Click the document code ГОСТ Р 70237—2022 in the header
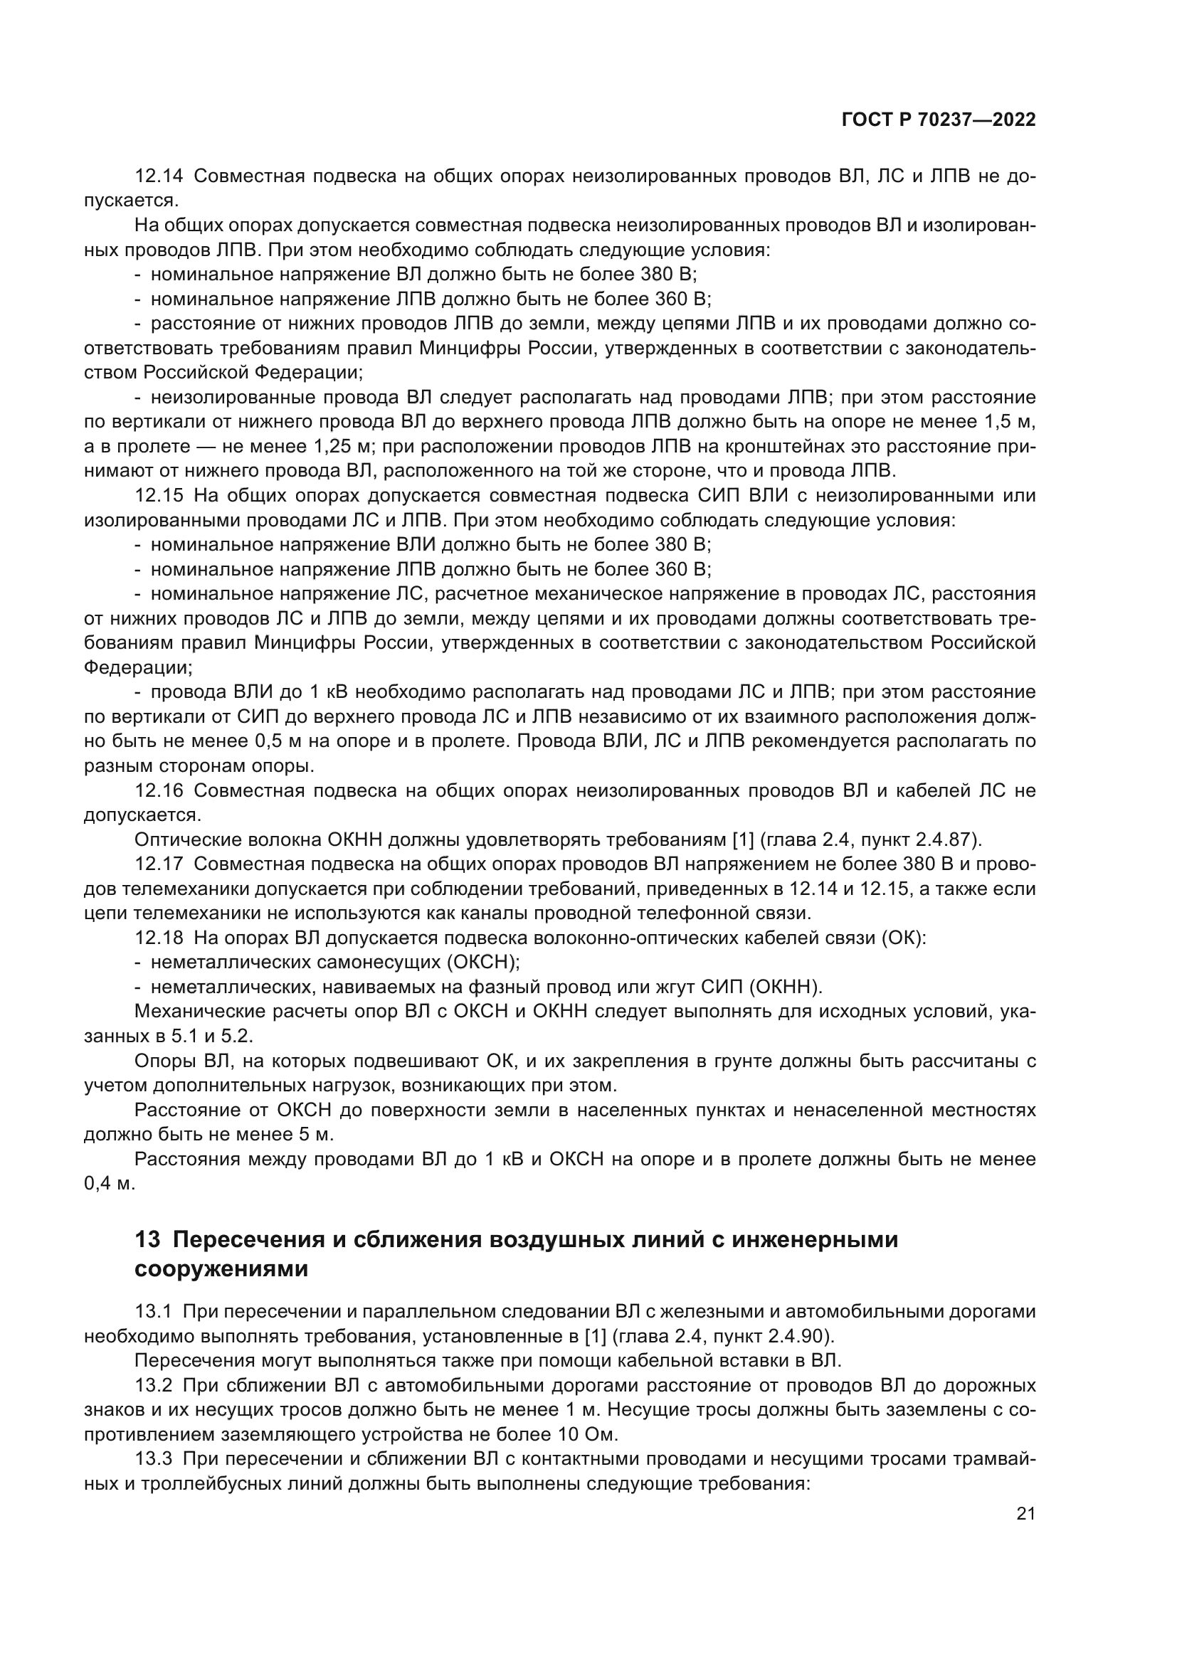[939, 120]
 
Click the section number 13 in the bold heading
[147, 1240]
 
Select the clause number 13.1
[153, 1312]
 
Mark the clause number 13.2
[153, 1386]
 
